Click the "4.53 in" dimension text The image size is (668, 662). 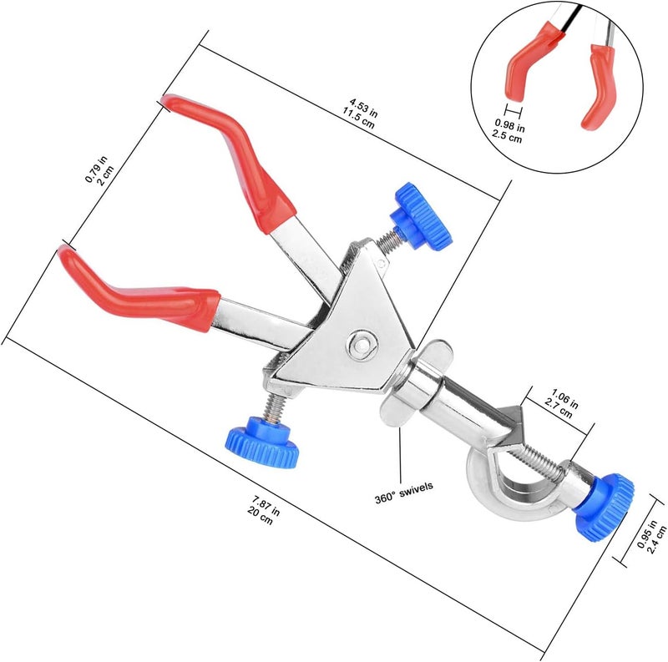coord(363,108)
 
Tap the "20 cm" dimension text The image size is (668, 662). coord(260,516)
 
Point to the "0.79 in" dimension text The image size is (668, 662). coord(97,169)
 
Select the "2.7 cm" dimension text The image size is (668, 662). coord(559,409)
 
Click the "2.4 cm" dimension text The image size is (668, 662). coord(656,540)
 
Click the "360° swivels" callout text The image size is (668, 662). coord(403,493)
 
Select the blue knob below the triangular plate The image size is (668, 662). coord(262,442)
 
